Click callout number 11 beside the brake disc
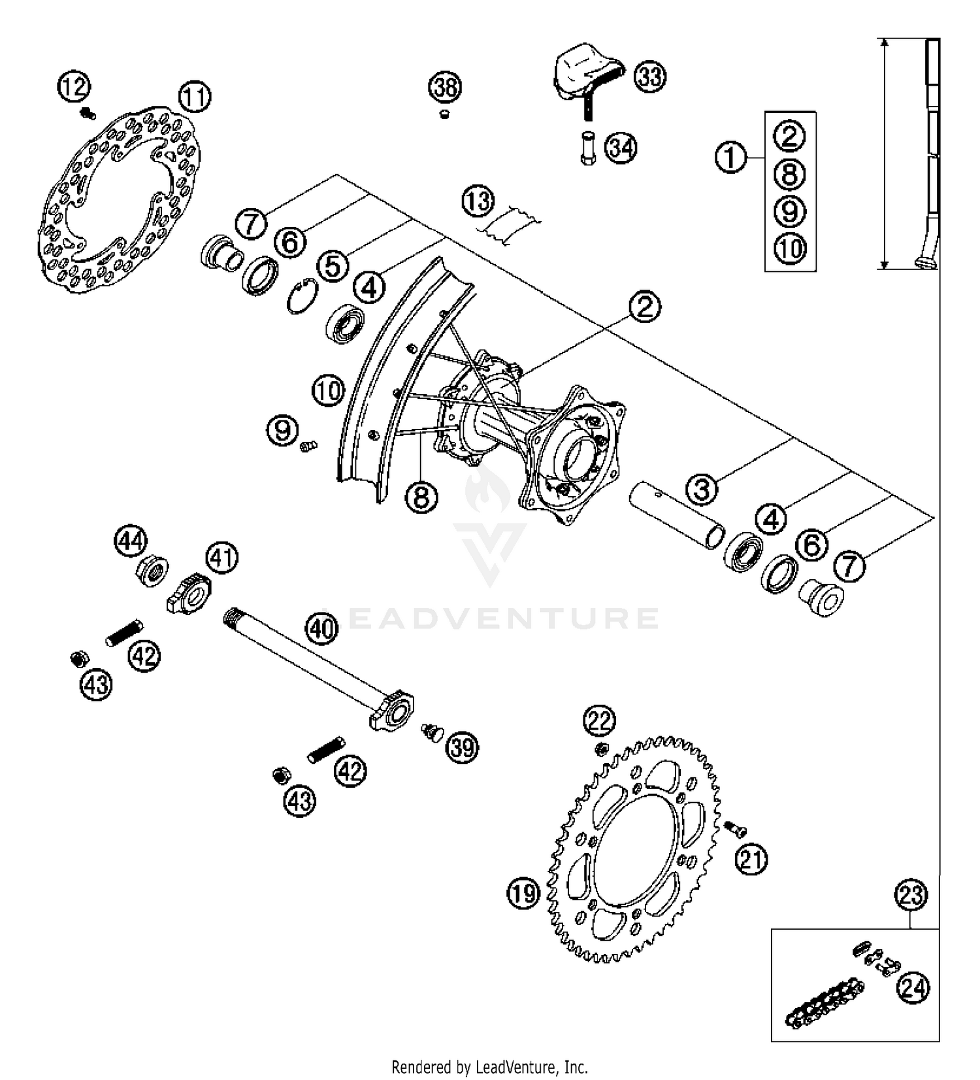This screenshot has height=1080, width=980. (195, 97)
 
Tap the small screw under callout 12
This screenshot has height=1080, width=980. (87, 114)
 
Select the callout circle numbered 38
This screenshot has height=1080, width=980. (445, 87)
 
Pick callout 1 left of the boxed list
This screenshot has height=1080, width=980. (730, 158)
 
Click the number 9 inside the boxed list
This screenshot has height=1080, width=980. (790, 211)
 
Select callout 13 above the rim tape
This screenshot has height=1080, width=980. (478, 201)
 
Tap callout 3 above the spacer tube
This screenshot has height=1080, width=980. (702, 488)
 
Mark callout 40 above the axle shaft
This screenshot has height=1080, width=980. (322, 629)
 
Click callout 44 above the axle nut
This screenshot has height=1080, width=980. (131, 542)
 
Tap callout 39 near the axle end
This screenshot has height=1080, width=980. (462, 747)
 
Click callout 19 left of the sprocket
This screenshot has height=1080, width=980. (523, 893)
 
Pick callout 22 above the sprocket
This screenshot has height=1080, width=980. (599, 722)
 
